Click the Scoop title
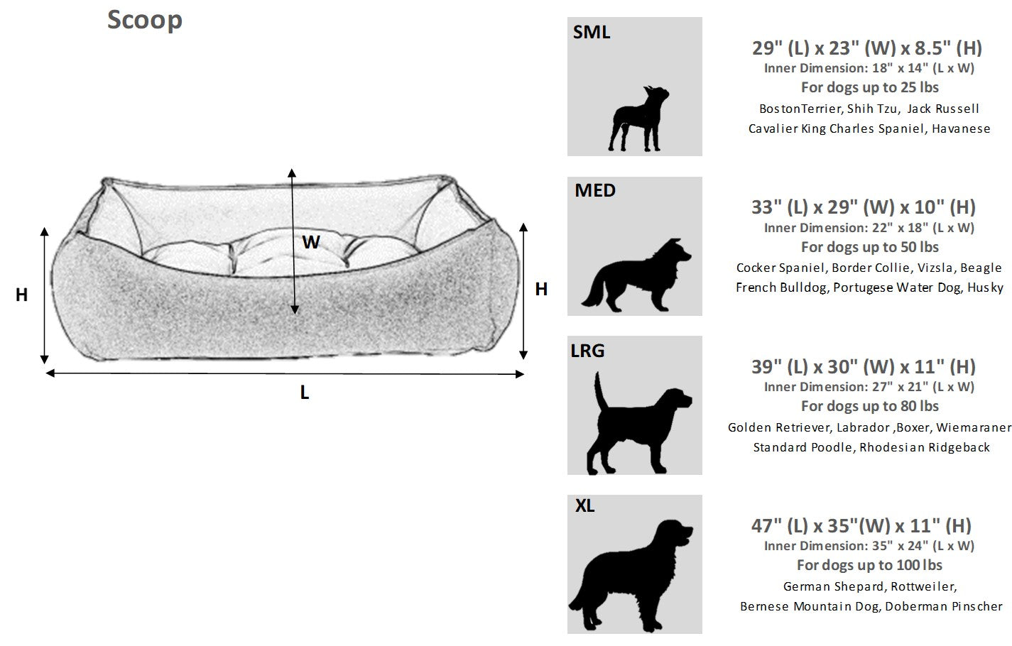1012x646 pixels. (145, 20)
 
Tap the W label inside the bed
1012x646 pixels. (311, 242)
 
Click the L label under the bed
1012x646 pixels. (305, 393)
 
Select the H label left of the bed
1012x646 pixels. (22, 295)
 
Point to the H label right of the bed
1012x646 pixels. (541, 289)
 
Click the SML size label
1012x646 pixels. (592, 32)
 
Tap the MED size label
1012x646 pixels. (595, 190)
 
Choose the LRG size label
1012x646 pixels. (587, 350)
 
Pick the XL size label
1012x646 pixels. (585, 506)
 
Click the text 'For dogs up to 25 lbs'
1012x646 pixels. (870, 87)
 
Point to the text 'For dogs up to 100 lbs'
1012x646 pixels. (870, 565)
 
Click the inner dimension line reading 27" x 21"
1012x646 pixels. (869, 387)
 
